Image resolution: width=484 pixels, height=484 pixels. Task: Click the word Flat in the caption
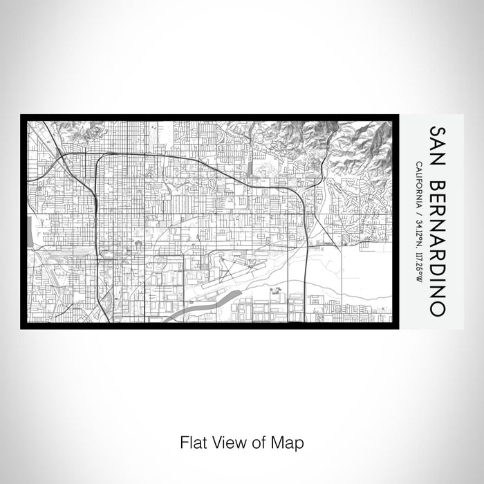(x=192, y=440)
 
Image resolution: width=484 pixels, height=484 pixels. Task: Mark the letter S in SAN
(x=436, y=131)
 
